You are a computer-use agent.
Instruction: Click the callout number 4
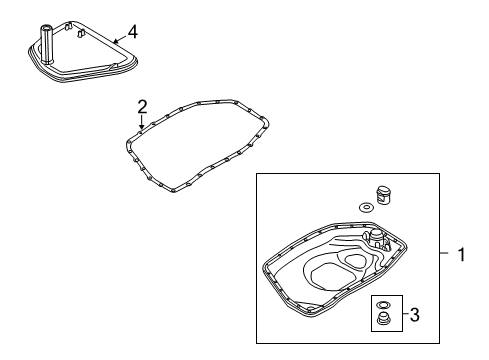(133, 32)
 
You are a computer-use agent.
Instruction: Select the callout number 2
(142, 107)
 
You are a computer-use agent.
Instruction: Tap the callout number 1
(461, 255)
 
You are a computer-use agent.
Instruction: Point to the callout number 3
(414, 315)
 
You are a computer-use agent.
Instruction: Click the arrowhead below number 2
(142, 126)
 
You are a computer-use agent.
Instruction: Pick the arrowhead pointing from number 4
(115, 41)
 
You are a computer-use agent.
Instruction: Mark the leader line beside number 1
(444, 253)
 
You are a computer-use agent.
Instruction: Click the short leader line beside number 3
(405, 313)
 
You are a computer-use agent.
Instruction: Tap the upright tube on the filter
(46, 44)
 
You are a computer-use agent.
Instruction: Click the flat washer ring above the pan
(366, 208)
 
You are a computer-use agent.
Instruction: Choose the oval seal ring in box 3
(383, 304)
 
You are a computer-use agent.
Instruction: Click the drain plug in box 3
(383, 318)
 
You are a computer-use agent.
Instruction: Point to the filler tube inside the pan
(377, 240)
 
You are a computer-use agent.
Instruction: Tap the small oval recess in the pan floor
(355, 261)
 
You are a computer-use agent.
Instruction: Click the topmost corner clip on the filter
(68, 26)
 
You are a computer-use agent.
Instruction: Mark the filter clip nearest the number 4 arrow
(81, 33)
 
